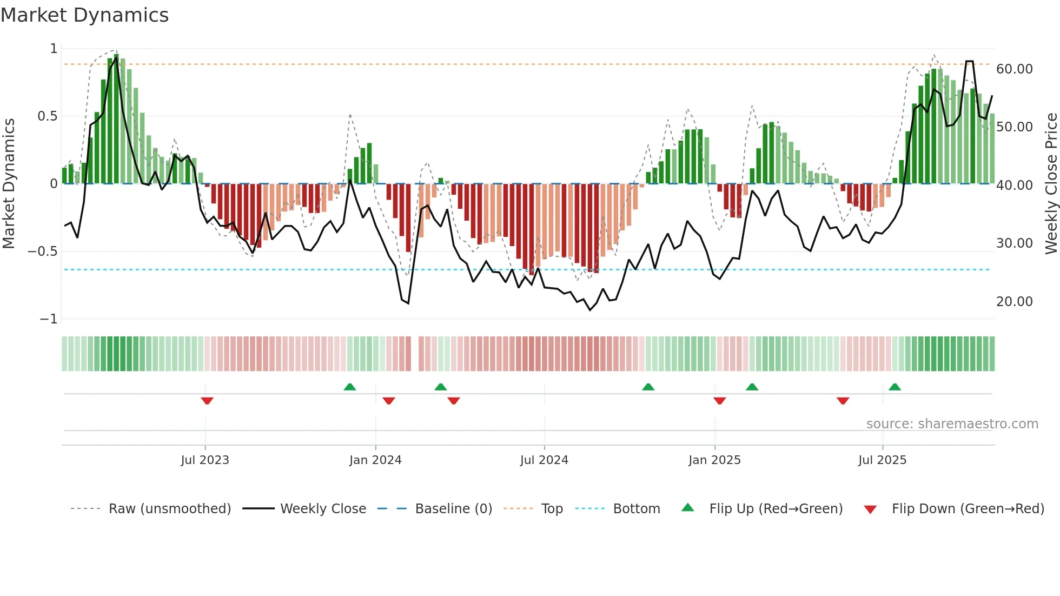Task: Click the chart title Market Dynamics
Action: tap(85, 15)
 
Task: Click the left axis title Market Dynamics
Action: tap(9, 184)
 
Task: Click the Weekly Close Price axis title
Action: tap(1051, 184)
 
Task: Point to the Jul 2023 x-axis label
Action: tap(205, 460)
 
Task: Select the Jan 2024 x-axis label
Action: tap(375, 460)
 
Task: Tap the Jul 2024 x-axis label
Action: tap(544, 460)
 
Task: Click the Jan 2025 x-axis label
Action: tap(714, 460)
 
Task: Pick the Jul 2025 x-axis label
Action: tap(882, 460)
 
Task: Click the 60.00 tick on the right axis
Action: tap(1014, 69)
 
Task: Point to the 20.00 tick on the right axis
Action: tap(1014, 302)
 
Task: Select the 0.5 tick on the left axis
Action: tap(47, 116)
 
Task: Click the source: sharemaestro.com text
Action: tap(952, 424)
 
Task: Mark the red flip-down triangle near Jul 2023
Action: tap(207, 401)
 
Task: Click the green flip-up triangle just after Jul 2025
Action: tap(895, 387)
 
